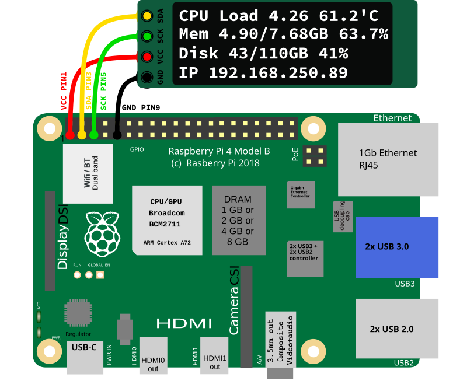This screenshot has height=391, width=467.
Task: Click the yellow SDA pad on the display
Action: [x=147, y=16]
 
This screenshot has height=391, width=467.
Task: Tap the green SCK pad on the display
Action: [x=147, y=36]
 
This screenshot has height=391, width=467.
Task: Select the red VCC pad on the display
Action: [x=147, y=57]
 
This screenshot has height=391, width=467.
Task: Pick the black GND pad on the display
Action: [x=147, y=77]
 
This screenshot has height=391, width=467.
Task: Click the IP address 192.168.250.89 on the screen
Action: [x=278, y=73]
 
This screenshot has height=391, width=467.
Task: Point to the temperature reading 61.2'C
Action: [x=348, y=16]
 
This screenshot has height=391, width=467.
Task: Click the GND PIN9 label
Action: [x=141, y=107]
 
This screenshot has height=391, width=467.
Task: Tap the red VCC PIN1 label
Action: [x=64, y=91]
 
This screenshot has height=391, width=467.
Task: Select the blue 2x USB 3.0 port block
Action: [x=397, y=247]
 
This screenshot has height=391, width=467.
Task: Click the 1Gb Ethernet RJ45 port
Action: [x=388, y=159]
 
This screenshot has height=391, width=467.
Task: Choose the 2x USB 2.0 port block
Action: [x=397, y=329]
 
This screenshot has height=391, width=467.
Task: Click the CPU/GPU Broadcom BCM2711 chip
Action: [x=167, y=221]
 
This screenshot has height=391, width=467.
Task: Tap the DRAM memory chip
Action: [x=239, y=221]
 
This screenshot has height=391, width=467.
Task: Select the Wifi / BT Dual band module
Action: [x=88, y=173]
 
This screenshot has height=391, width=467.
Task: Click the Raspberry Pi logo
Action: [x=102, y=234]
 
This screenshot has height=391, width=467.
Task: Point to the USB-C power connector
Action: [x=85, y=357]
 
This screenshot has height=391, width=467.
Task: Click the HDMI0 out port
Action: [x=153, y=355]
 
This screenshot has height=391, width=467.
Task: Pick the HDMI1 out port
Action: [x=214, y=355]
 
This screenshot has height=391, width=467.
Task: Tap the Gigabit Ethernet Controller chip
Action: [x=301, y=195]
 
